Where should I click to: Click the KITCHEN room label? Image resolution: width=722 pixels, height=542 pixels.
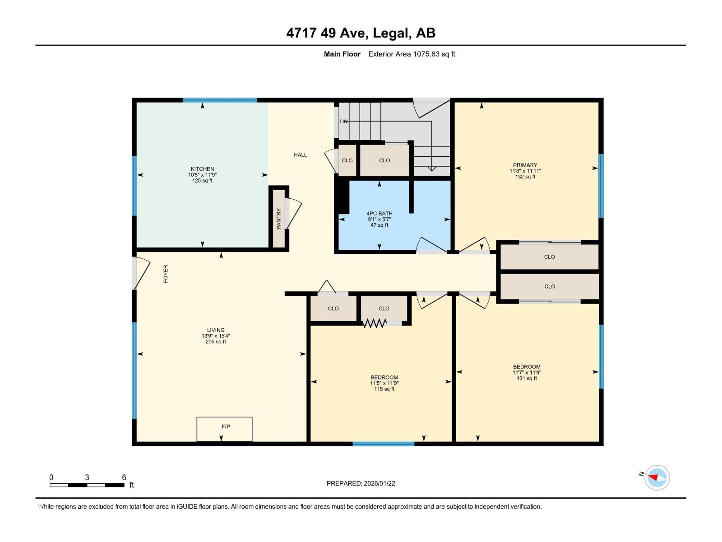[x=202, y=169]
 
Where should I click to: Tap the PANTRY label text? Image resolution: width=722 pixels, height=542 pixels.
[x=279, y=219]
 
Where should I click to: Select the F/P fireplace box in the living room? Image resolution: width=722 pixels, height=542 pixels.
[x=224, y=429]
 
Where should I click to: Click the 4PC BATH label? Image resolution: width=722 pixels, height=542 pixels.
[x=379, y=213]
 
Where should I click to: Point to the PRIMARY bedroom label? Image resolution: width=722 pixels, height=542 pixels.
[x=525, y=165]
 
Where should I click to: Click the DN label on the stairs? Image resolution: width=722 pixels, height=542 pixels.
[x=344, y=121]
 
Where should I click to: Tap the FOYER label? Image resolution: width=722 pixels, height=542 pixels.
[x=166, y=274]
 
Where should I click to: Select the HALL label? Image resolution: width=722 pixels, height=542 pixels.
[x=300, y=154]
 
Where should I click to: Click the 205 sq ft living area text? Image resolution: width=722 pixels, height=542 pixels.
[x=216, y=342]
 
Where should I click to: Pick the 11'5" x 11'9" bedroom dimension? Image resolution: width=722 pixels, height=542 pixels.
[x=384, y=383]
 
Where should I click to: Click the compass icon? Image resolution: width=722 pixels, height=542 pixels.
[x=657, y=477]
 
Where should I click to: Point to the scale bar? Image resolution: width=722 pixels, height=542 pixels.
[x=87, y=485]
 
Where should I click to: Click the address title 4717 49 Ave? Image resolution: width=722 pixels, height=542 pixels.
[x=361, y=33]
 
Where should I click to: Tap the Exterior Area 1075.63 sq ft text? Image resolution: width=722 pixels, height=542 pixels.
[x=412, y=54]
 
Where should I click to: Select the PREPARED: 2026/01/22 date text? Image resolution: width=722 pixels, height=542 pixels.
[x=361, y=483]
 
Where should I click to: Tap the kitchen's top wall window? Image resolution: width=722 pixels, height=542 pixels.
[x=220, y=100]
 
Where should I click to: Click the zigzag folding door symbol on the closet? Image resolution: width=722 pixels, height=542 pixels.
[x=375, y=323]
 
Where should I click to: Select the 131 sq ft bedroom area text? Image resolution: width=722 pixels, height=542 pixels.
[x=527, y=378]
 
